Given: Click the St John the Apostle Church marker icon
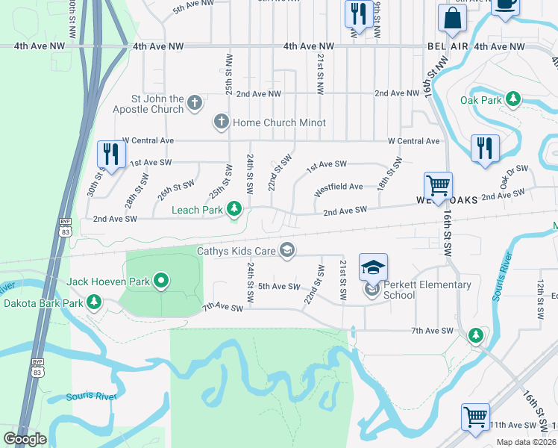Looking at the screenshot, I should coord(195,102).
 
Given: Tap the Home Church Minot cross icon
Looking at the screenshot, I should coord(221,121).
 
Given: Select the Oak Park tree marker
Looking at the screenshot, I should coord(512,99).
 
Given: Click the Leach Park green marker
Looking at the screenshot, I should coord(235,209).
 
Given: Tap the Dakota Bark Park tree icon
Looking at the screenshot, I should coord(94,302).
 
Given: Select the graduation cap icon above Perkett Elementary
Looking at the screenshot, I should coord(374,267).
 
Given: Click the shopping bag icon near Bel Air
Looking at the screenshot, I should coord(453,19).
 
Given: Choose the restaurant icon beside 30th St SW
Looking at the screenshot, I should coord(111,155).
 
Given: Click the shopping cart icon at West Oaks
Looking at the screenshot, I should coord(438,185).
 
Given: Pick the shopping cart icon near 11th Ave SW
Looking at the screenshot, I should coord(475,417).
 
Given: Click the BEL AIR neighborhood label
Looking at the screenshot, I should coord(448,46).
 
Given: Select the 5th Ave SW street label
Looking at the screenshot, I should coord(278,287).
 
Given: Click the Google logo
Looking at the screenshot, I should coord(25,438).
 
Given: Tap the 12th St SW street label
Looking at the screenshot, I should coord(539,301).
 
